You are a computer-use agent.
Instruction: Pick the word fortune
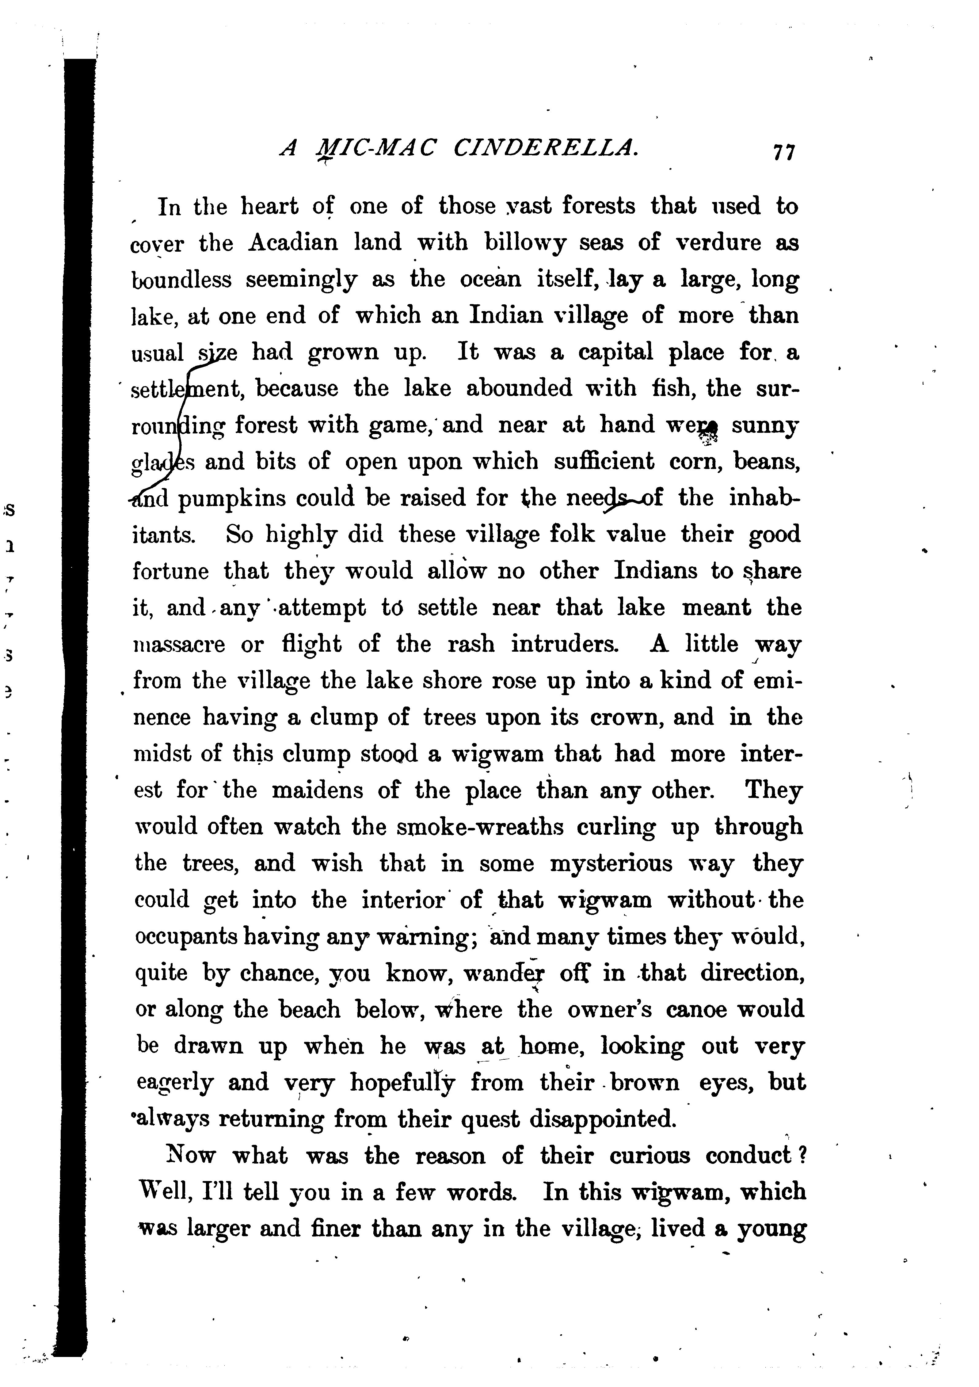[x=170, y=571]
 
